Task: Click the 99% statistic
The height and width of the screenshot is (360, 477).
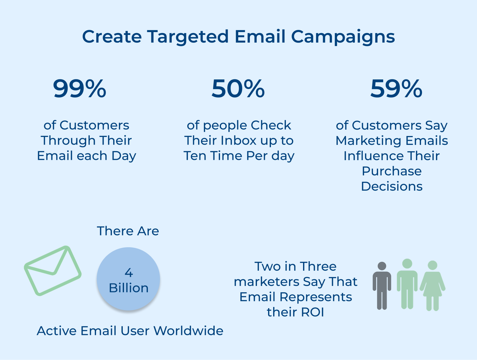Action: click(x=79, y=89)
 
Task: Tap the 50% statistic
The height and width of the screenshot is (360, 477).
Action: click(x=238, y=89)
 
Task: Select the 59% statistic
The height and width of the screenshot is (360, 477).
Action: click(x=396, y=89)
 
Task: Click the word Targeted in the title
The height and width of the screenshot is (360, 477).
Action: click(x=188, y=37)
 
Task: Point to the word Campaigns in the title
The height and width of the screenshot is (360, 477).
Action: click(x=343, y=37)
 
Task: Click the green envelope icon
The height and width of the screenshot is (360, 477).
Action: click(x=53, y=270)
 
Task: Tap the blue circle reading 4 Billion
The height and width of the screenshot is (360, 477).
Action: click(x=128, y=279)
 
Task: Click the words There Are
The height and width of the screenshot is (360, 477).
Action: click(x=128, y=231)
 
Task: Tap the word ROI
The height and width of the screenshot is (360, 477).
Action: click(x=313, y=312)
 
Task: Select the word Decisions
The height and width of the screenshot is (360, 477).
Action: click(x=392, y=186)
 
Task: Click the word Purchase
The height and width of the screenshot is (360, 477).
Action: click(x=392, y=171)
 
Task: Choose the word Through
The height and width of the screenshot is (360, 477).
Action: click(x=68, y=140)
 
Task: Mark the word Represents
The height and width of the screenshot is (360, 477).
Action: click(x=316, y=297)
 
